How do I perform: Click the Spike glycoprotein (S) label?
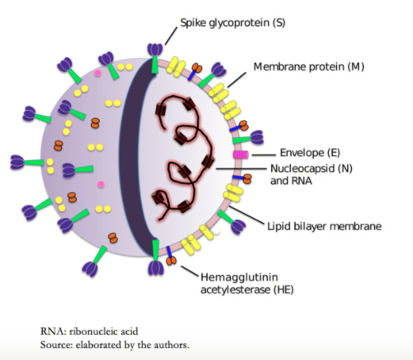click(232, 23)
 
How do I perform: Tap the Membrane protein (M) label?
click(309, 67)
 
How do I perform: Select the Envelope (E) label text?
click(310, 153)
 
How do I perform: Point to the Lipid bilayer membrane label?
click(324, 226)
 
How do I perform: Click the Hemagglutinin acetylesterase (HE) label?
click(247, 284)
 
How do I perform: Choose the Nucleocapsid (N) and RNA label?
click(312, 174)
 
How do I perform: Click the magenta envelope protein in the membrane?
click(240, 155)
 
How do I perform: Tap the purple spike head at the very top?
click(155, 49)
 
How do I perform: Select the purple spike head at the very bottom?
click(155, 268)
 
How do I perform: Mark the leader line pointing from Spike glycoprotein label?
click(171, 36)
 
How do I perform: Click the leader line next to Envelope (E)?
click(263, 155)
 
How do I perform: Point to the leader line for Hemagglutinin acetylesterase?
click(189, 271)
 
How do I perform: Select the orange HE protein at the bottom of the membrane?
click(171, 261)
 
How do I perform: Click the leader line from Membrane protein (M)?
click(237, 79)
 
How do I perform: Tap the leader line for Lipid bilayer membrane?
click(247, 215)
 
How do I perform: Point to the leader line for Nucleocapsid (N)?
click(241, 168)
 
